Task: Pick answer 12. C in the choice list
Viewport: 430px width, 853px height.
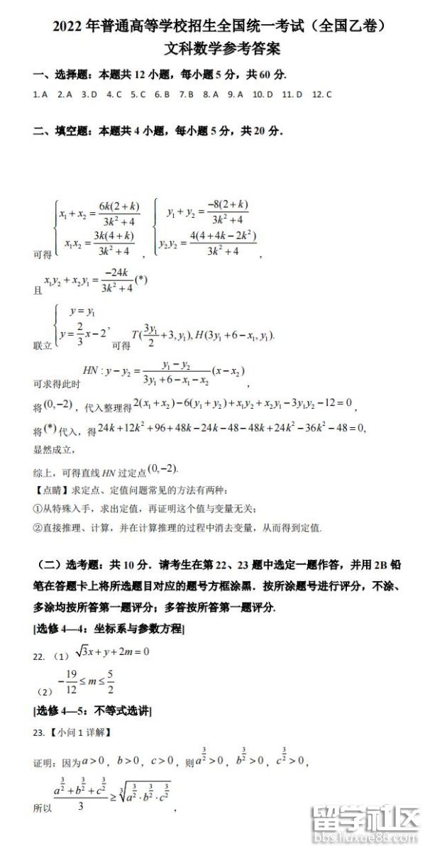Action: coord(322,94)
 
